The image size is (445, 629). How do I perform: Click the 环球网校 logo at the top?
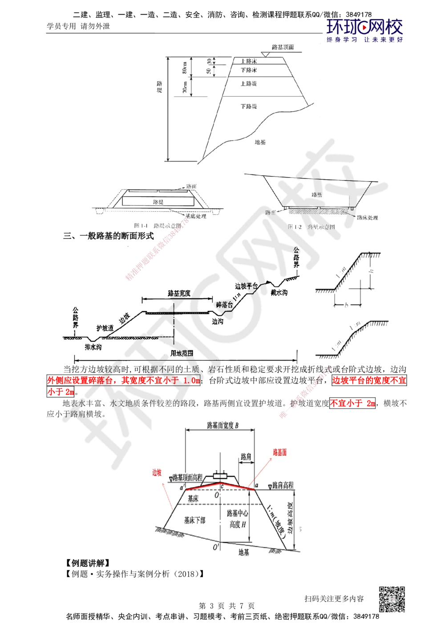tap(364, 29)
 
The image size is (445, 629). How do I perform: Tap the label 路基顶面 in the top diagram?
tap(282, 47)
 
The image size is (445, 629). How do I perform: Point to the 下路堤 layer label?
tap(249, 107)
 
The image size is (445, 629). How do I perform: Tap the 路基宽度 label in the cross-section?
tap(179, 293)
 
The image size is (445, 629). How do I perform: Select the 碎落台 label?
tap(225, 305)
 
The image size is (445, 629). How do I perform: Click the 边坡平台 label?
tap(247, 286)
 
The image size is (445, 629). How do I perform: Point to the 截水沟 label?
tap(279, 293)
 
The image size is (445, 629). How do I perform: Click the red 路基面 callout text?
tap(279, 452)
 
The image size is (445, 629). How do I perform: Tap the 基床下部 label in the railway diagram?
tap(194, 520)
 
